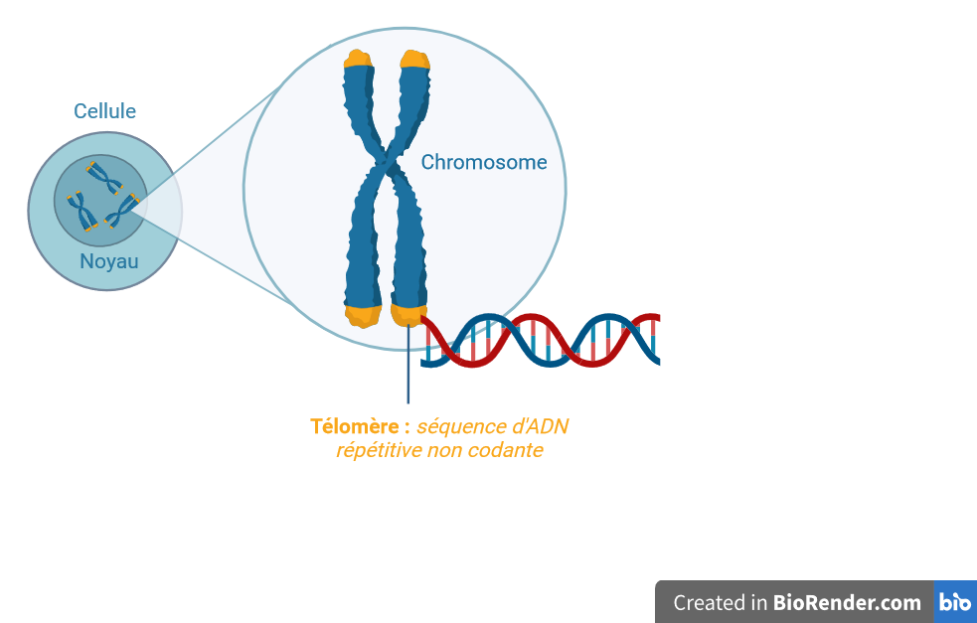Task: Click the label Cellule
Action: [104, 111]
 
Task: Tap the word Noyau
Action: [109, 261]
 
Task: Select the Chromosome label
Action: [484, 162]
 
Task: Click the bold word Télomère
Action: [355, 426]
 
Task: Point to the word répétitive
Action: [379, 450]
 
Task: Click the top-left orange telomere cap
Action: [358, 59]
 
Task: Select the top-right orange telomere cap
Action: [415, 60]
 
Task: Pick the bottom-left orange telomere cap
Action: [363, 316]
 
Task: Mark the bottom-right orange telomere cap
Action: [408, 315]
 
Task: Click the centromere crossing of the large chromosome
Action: [389, 163]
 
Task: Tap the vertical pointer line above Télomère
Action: [408, 364]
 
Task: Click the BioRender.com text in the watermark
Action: [847, 602]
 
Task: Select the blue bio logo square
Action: [955, 602]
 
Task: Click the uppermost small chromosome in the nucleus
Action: [104, 178]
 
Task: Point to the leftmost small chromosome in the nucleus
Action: [82, 212]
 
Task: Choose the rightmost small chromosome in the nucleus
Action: [122, 212]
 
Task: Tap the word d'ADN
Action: [540, 426]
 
